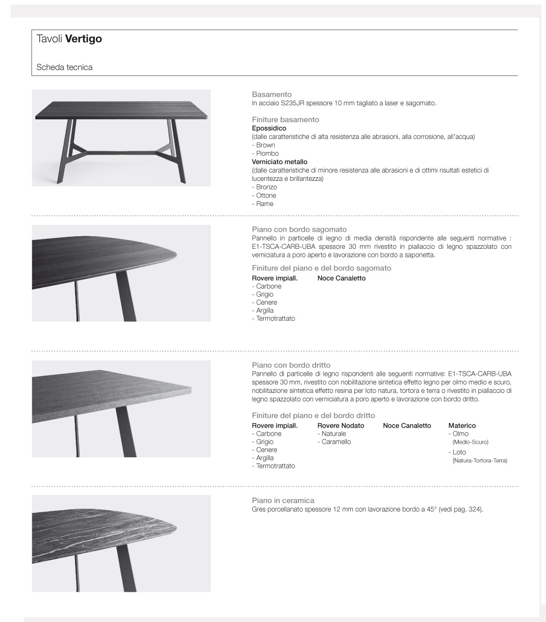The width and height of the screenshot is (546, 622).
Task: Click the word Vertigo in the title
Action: pyautogui.click(x=84, y=39)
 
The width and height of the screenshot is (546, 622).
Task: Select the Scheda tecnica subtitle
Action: pyautogui.click(x=65, y=67)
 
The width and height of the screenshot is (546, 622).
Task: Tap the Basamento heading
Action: pyautogui.click(x=272, y=94)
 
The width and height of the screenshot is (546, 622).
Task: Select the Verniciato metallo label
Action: pyautogui.click(x=279, y=162)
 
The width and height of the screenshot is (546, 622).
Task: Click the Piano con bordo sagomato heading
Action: pyautogui.click(x=299, y=229)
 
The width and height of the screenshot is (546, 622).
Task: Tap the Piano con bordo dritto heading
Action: pyautogui.click(x=291, y=365)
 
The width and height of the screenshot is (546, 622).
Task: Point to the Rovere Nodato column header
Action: pyautogui.click(x=340, y=426)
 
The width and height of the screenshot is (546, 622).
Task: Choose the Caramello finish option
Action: pyautogui.click(x=336, y=442)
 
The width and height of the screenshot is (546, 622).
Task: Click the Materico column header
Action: pyautogui.click(x=462, y=426)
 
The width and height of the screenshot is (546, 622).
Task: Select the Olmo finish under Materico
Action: pyautogui.click(x=460, y=434)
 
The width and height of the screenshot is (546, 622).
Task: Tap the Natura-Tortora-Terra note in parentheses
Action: pyautogui.click(x=480, y=460)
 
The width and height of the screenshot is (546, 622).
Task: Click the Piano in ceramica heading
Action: pyautogui.click(x=283, y=500)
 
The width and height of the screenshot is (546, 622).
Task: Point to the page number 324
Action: pyautogui.click(x=474, y=509)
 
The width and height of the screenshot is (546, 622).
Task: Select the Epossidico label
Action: pyautogui.click(x=269, y=128)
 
